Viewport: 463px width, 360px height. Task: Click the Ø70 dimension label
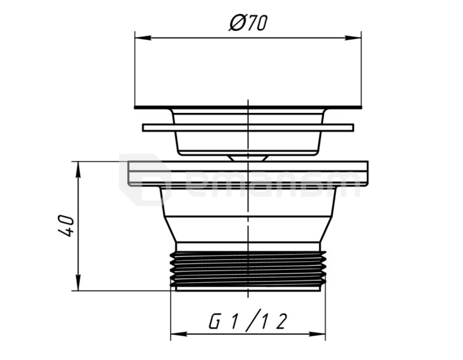pyautogui.click(x=248, y=23)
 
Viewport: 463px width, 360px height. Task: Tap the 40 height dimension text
pyautogui.click(x=66, y=226)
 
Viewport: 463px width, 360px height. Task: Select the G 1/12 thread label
pyautogui.click(x=248, y=320)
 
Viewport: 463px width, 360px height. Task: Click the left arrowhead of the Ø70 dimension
pyautogui.click(x=143, y=38)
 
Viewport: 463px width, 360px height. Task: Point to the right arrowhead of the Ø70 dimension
pyautogui.click(x=353, y=38)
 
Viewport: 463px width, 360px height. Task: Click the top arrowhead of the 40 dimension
pyautogui.click(x=78, y=169)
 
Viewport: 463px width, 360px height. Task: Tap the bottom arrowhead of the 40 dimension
pyautogui.click(x=78, y=283)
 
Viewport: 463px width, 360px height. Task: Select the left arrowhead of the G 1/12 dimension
pyautogui.click(x=179, y=334)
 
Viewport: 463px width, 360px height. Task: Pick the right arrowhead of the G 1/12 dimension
pyautogui.click(x=317, y=334)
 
